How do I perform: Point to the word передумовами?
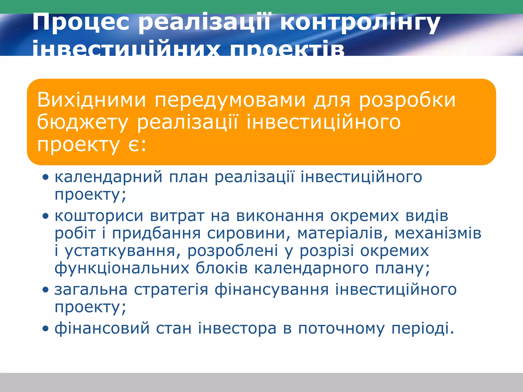click(230, 100)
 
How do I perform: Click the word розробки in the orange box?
click(407, 100)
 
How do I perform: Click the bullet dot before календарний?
click(45, 177)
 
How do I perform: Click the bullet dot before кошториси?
click(45, 216)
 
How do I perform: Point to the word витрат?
click(177, 216)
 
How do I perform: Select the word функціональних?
click(122, 268)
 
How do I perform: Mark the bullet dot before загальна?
click(45, 290)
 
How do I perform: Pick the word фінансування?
click(271, 290)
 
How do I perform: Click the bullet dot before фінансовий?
click(45, 329)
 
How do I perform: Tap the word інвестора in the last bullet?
click(237, 328)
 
